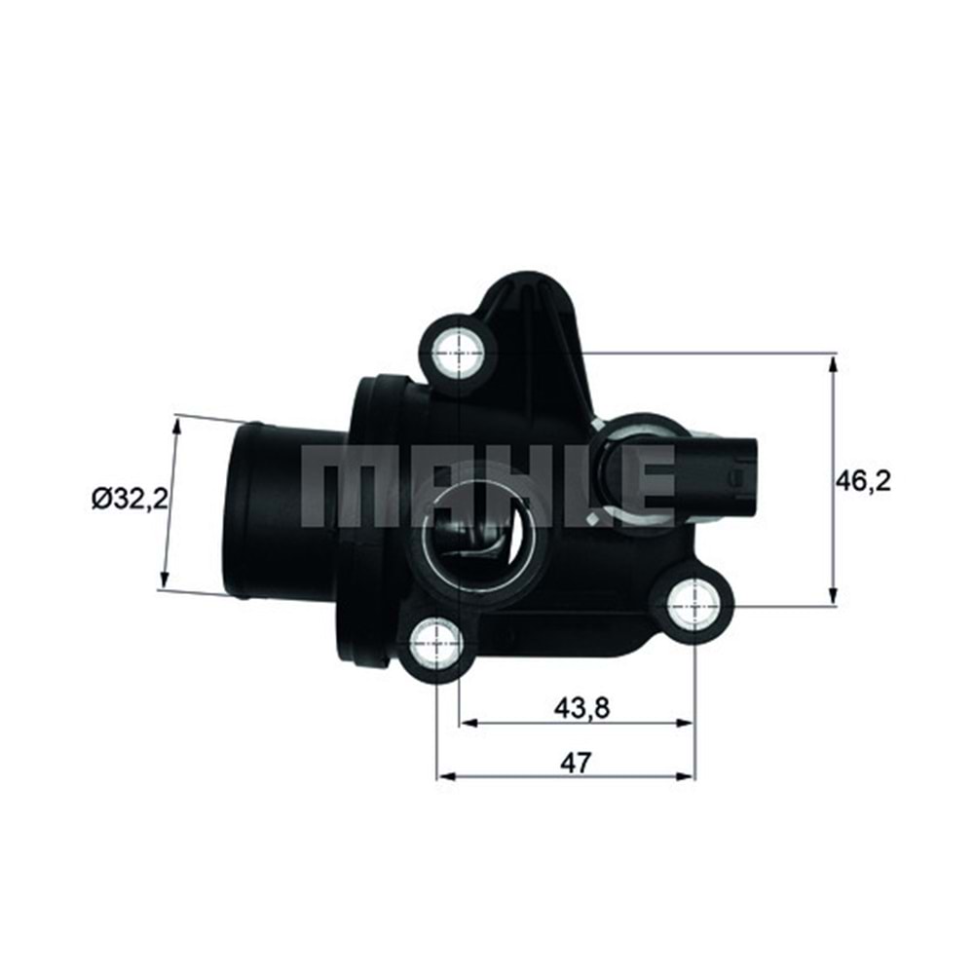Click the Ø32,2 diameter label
[x=130, y=501]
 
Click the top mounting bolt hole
[x=459, y=347]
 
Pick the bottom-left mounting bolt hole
[x=435, y=643]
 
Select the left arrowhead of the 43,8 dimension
[x=467, y=723]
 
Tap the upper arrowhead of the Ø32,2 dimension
[x=176, y=425]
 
